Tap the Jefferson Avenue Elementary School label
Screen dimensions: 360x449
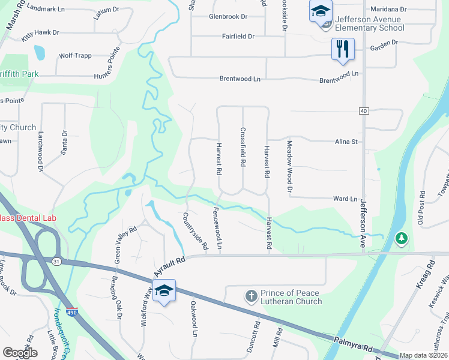(x=369, y=23)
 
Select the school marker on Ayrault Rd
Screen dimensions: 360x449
(x=164, y=291)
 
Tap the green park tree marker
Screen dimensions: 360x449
(x=401, y=239)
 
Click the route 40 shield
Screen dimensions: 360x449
(x=364, y=111)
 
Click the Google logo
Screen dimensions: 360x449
(x=20, y=353)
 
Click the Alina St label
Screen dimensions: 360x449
(x=346, y=142)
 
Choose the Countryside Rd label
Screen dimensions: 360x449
(x=195, y=231)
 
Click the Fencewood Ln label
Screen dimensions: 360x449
(x=218, y=229)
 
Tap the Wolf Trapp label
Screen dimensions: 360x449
(x=75, y=56)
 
